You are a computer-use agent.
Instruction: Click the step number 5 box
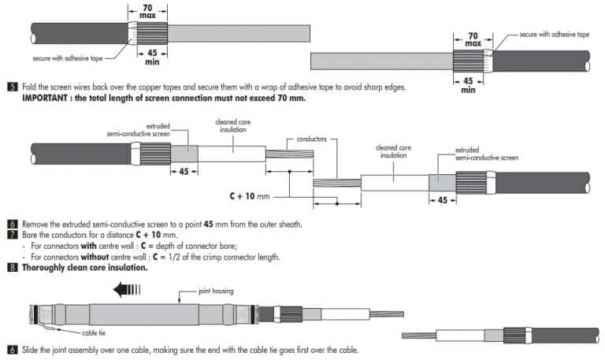13,87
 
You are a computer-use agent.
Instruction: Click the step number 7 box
13,235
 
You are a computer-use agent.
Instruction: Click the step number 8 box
13,267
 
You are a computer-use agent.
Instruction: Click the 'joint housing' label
216,291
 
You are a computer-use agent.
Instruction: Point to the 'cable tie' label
94,332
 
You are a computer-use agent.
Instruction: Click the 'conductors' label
311,139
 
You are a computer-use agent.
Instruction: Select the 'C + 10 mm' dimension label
249,196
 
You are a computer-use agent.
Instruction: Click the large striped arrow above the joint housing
127,289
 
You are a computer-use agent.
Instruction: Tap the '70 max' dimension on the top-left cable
147,11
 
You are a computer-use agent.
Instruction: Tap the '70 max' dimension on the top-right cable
473,39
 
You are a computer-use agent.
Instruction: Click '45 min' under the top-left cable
152,57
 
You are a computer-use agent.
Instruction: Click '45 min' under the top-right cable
468,85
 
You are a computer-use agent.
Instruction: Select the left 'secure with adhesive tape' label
68,58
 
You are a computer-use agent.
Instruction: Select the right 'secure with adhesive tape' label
555,35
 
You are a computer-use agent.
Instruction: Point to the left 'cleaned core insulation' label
232,126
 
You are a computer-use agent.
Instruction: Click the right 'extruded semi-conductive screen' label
487,154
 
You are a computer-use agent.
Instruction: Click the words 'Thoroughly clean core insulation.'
85,267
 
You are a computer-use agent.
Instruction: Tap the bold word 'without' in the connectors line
95,257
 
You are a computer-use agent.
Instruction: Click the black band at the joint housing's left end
36,315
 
